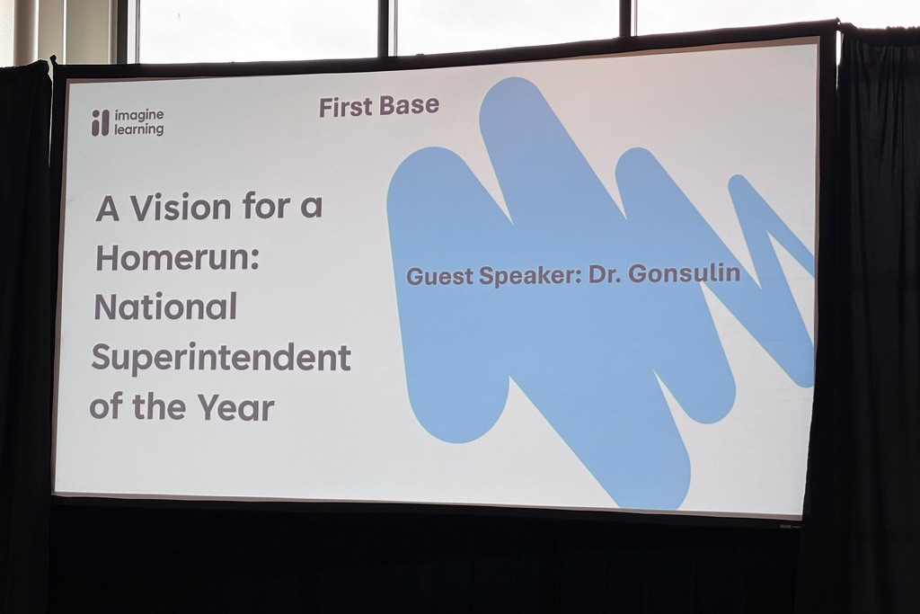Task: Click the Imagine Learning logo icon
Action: [x=100, y=123]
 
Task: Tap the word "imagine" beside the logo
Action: [x=139, y=115]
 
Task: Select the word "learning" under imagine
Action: [x=139, y=130]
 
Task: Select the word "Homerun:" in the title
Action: [x=177, y=259]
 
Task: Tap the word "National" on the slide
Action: [x=165, y=307]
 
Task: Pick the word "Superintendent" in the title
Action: [x=220, y=358]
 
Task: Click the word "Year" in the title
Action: [x=236, y=407]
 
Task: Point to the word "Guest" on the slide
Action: [x=439, y=276]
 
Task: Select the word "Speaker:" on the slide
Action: [x=530, y=275]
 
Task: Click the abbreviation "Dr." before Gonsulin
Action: [x=605, y=274]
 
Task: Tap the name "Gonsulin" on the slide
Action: [x=684, y=273]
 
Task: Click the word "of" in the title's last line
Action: [x=106, y=406]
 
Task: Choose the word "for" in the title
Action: [x=266, y=208]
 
